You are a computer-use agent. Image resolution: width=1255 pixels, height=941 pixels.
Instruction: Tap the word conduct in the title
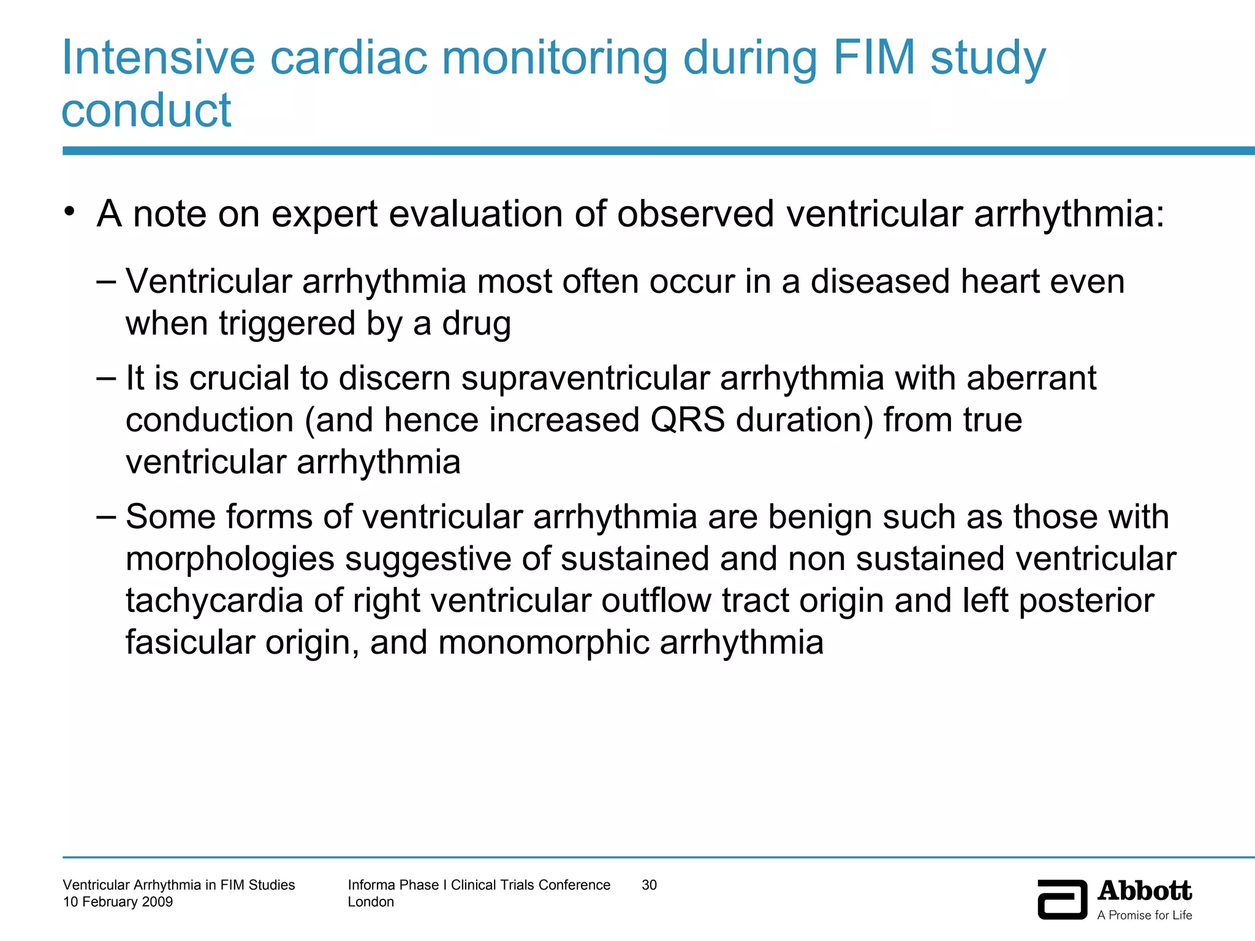click(x=146, y=111)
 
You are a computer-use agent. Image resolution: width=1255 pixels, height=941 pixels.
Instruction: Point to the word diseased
click(x=880, y=282)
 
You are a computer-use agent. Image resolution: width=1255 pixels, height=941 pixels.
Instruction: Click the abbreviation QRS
click(x=688, y=420)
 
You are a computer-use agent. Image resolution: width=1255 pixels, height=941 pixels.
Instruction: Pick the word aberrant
click(x=1031, y=378)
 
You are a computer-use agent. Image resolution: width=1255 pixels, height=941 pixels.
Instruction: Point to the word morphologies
click(x=230, y=559)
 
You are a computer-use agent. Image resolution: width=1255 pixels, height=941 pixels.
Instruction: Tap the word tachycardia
click(x=214, y=600)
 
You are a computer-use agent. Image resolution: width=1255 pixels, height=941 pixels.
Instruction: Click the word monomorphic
click(x=544, y=643)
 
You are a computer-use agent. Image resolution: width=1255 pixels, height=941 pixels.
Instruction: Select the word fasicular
click(x=189, y=643)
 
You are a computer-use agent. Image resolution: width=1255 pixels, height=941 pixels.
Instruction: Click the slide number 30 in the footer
click(x=649, y=885)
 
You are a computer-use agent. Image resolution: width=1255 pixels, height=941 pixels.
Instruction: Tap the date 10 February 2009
click(x=118, y=902)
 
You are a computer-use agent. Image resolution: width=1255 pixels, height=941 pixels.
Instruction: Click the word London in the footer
click(x=371, y=902)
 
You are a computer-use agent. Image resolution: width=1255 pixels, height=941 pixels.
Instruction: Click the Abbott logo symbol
click(x=1062, y=899)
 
